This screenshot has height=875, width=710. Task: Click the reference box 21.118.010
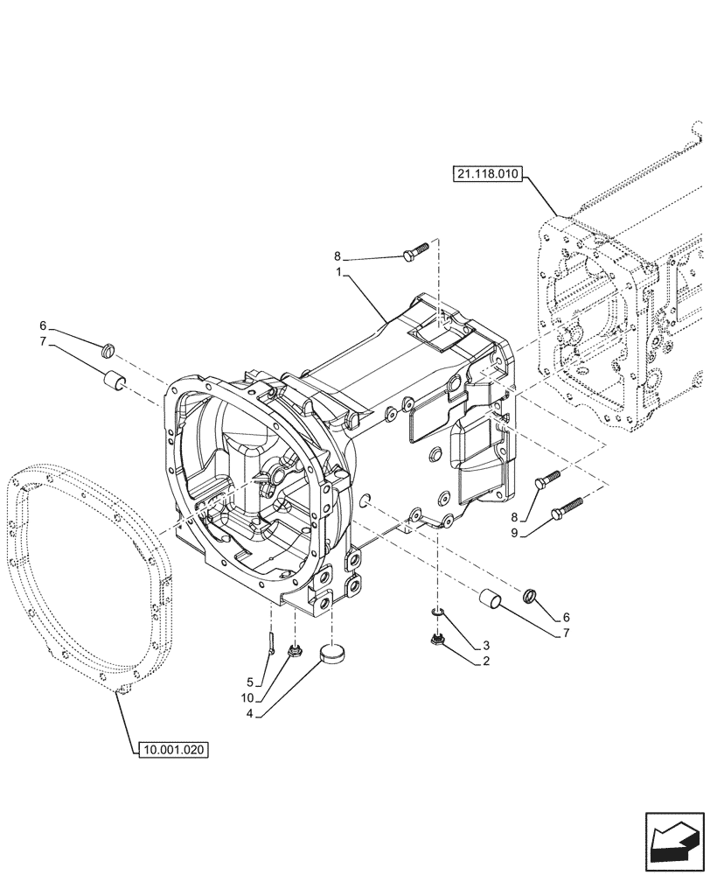487,174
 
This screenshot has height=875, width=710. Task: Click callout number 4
250,713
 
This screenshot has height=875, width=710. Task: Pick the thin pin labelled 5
273,646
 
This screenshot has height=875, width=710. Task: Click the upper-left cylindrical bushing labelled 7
112,381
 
